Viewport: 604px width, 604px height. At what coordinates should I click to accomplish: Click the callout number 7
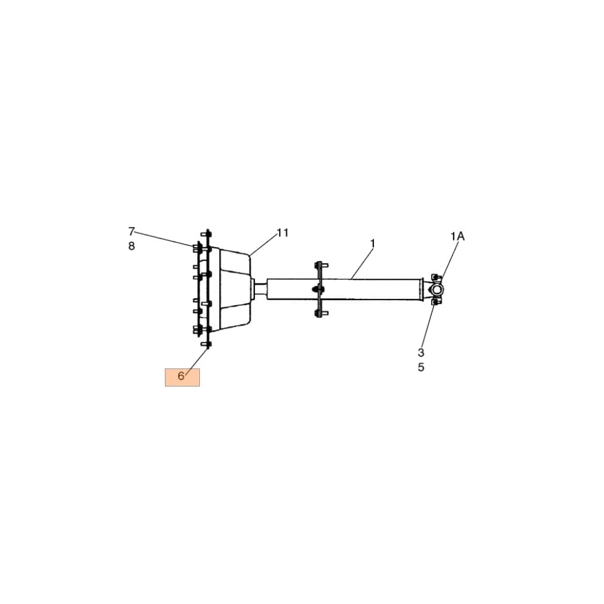coord(132,231)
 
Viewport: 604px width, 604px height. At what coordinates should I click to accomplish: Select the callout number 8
coord(132,246)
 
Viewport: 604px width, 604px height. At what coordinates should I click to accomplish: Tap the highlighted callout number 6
coord(182,376)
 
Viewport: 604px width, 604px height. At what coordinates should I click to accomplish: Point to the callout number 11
coord(283,233)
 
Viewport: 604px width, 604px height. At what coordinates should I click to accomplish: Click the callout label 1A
coord(457,237)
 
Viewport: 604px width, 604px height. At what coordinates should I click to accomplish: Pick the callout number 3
coord(421,352)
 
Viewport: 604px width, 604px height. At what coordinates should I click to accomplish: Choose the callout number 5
coord(421,367)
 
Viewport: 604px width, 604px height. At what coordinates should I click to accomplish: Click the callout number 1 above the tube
coord(373,243)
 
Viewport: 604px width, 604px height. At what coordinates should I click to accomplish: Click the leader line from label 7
coord(163,239)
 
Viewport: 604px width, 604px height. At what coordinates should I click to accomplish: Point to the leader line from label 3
coord(428,326)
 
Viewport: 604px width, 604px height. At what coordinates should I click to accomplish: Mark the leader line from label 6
coord(196,361)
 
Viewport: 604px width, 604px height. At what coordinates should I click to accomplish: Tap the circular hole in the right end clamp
coord(436,291)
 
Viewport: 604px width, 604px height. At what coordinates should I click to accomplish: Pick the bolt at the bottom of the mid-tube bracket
coord(318,313)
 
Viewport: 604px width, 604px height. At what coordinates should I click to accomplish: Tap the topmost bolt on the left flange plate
coord(208,233)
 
